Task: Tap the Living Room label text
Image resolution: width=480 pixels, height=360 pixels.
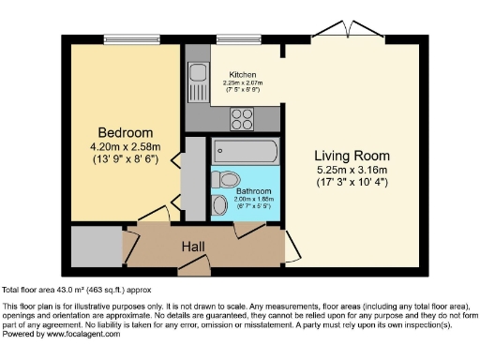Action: [x=352, y=155]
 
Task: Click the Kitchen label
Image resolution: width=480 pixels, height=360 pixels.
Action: [x=242, y=74]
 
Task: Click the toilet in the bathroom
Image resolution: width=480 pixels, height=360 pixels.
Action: [x=225, y=177]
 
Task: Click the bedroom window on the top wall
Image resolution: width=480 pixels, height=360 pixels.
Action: [x=131, y=41]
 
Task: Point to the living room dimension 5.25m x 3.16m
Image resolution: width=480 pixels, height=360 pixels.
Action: [x=352, y=170]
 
